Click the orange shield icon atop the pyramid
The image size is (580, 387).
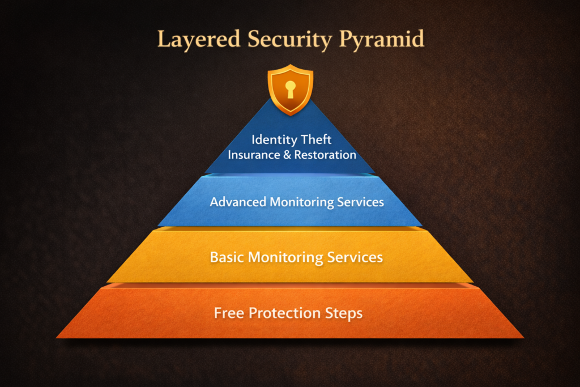pyautogui.click(x=290, y=90)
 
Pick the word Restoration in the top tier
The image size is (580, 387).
pyautogui.click(x=323, y=155)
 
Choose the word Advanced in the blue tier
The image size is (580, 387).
pyautogui.click(x=237, y=202)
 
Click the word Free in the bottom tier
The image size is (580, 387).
pyautogui.click(x=228, y=313)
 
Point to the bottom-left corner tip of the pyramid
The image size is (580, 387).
pyautogui.click(x=58, y=337)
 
